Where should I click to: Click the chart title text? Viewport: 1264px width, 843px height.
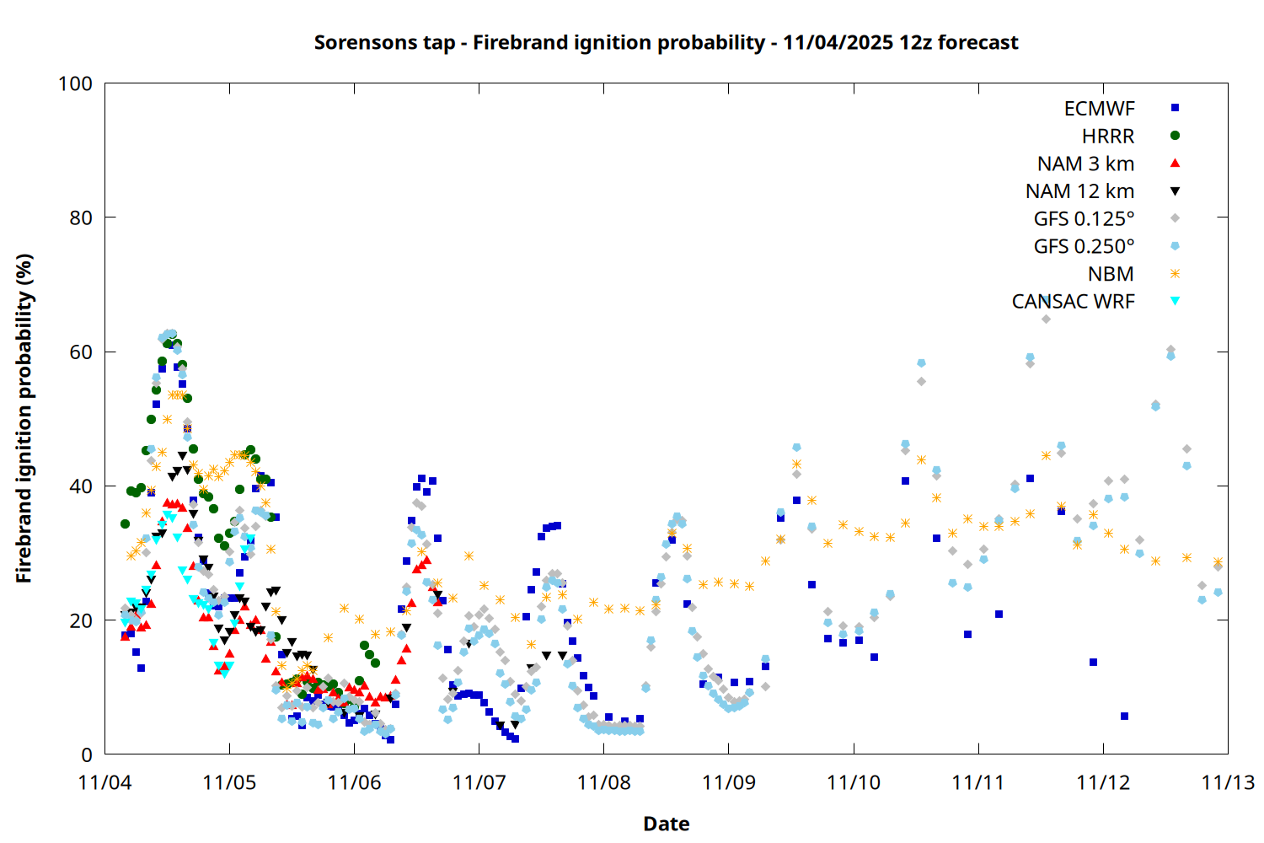[666, 42]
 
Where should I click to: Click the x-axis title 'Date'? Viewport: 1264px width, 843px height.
[666, 824]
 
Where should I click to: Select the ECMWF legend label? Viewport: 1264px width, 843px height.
[1099, 109]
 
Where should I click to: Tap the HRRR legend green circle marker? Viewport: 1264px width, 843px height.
[1175, 136]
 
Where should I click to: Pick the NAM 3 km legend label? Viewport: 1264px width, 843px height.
[1085, 164]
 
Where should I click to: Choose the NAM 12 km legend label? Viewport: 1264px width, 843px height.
[1079, 191]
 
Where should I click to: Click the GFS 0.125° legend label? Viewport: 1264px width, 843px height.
[1084, 219]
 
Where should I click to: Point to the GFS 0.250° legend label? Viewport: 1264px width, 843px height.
[1084, 247]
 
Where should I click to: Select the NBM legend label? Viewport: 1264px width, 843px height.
[1111, 274]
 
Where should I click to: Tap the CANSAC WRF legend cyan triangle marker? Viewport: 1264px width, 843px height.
[1175, 301]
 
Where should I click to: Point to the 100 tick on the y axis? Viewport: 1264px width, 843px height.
[75, 83]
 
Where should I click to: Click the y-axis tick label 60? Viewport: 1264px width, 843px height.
[81, 352]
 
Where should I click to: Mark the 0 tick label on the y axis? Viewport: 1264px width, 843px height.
[87, 754]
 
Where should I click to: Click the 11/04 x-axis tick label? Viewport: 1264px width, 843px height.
[104, 782]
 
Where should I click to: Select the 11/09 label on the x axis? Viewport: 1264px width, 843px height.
[728, 782]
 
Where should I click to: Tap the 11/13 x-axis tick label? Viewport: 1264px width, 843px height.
[1227, 782]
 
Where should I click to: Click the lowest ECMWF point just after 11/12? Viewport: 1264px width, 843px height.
[1124, 716]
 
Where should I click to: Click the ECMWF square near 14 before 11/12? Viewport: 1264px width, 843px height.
[1093, 662]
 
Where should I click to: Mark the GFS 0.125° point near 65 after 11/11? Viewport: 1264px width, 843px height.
[1046, 319]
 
